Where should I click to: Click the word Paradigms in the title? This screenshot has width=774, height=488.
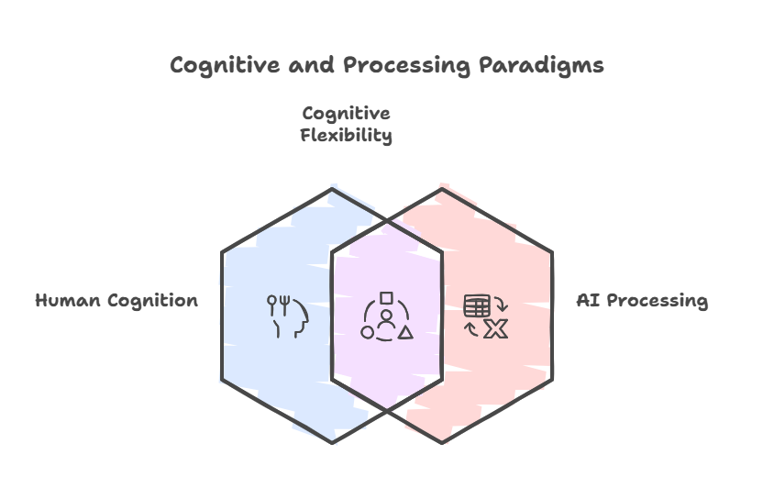point(541,66)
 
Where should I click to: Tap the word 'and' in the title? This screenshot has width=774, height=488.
point(311,65)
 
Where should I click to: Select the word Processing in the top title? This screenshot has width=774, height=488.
point(407,66)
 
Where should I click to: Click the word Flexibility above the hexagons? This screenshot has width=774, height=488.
point(346,135)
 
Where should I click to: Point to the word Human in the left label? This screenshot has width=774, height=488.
point(68,300)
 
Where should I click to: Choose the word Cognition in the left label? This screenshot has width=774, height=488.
point(152,301)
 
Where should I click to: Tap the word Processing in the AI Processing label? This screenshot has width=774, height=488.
point(657,301)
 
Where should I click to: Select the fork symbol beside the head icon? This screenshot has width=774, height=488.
point(284,305)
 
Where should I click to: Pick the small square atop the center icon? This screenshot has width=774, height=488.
point(386,298)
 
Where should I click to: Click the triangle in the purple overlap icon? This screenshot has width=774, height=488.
point(405,332)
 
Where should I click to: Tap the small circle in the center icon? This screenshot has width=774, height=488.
point(367,332)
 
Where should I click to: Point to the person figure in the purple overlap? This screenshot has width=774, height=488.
point(386,320)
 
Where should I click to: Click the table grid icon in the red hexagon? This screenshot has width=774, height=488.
point(477,305)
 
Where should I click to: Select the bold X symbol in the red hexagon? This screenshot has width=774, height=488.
point(495,329)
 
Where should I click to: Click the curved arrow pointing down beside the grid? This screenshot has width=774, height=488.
point(502,305)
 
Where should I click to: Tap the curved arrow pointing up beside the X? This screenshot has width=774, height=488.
point(471,329)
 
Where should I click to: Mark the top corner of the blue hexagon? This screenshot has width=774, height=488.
point(332,189)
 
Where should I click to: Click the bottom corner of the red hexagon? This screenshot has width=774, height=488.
point(442,442)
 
